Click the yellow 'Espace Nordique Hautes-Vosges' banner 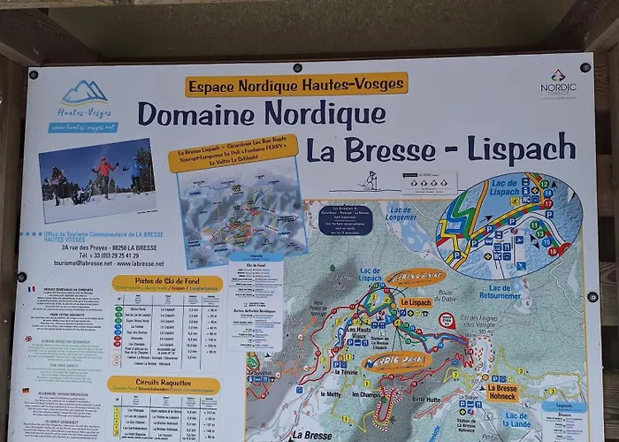point(296,84)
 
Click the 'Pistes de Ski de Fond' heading point(167,283)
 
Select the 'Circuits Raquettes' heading point(164,385)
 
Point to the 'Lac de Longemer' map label point(401,212)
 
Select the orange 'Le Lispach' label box point(415,302)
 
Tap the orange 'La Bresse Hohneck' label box point(501,392)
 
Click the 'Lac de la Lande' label point(516,419)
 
